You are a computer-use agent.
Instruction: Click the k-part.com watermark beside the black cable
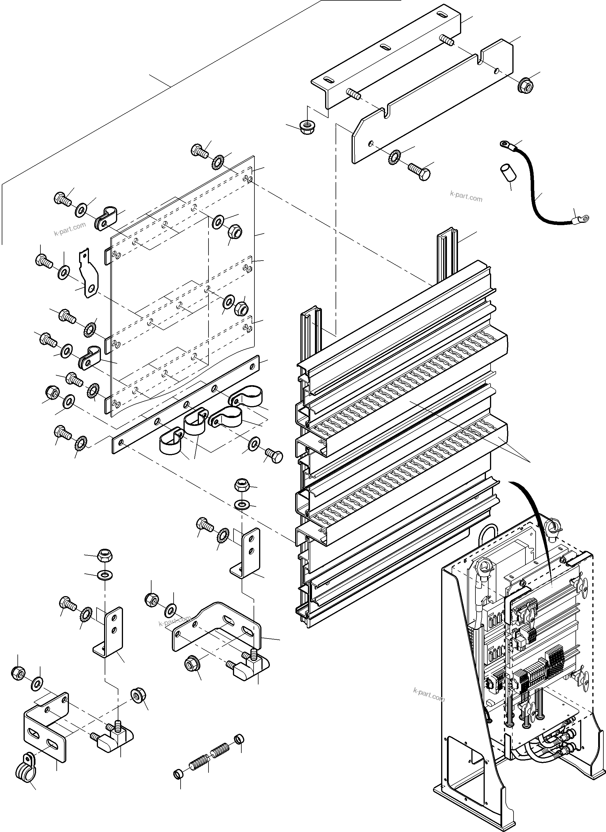click(466, 197)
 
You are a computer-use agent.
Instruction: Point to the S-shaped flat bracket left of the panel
click(88, 273)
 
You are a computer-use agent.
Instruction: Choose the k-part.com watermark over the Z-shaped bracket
click(175, 620)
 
